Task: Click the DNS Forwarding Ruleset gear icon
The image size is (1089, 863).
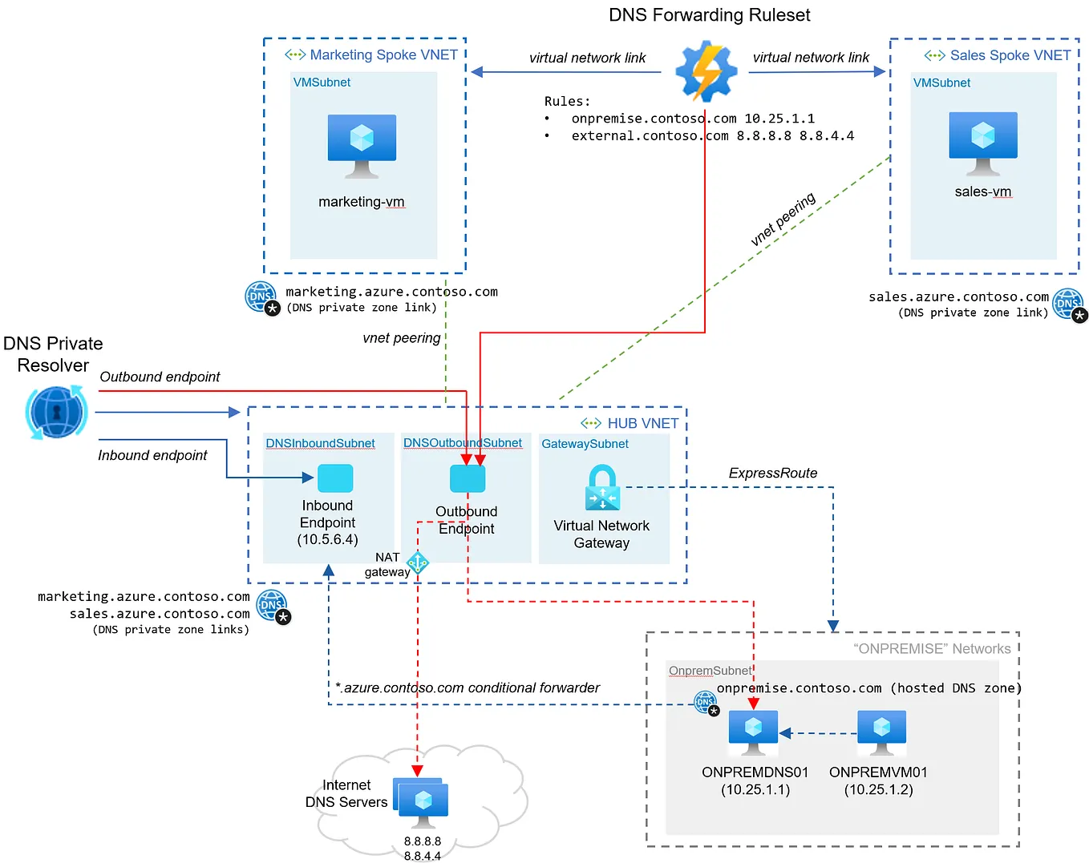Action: (x=706, y=72)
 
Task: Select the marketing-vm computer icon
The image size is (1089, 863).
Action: (x=362, y=144)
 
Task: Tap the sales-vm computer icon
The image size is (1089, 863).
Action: (x=982, y=142)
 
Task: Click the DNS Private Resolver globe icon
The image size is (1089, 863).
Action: (x=56, y=412)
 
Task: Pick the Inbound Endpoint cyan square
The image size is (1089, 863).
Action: (x=335, y=478)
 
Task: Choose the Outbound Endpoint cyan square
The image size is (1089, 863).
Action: (x=468, y=478)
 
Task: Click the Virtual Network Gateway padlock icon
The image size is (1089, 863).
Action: (x=602, y=488)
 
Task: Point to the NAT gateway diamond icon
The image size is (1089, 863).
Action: (x=418, y=563)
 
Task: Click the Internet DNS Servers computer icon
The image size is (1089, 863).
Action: (x=422, y=802)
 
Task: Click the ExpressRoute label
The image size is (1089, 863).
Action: (x=772, y=473)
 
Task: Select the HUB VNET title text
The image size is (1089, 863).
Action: (x=642, y=423)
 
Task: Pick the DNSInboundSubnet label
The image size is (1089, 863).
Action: (x=320, y=443)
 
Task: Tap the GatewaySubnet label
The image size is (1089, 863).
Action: (x=585, y=443)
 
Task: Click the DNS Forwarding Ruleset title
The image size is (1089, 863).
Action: (x=709, y=15)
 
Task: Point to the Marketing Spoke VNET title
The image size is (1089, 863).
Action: (x=383, y=54)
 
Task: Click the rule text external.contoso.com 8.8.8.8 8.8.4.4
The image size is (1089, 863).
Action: (x=712, y=135)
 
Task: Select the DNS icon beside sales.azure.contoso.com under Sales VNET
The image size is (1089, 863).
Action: (x=1068, y=304)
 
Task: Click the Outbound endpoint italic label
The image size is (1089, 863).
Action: (x=160, y=377)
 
